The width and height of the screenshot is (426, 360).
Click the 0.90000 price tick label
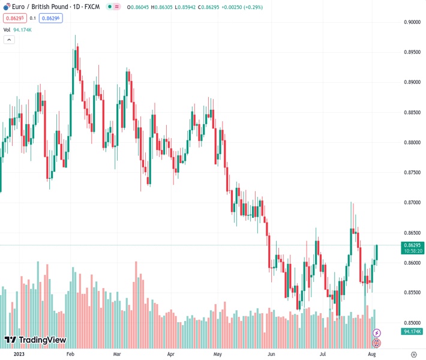(411, 22)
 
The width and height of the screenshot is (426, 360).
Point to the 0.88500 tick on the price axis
(411, 112)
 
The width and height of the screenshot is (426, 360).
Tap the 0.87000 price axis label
(411, 202)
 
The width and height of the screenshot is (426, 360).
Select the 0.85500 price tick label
(411, 293)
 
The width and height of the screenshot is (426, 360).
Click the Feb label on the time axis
(71, 355)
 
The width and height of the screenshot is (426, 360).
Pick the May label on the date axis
(218, 355)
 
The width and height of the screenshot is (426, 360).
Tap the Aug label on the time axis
(371, 355)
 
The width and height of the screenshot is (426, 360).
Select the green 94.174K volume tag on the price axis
(412, 331)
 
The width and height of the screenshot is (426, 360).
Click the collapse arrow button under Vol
(9, 40)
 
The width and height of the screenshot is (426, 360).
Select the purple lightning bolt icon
(377, 332)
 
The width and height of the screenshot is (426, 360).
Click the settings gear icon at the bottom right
(413, 355)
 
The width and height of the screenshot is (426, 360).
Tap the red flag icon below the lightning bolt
(377, 343)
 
